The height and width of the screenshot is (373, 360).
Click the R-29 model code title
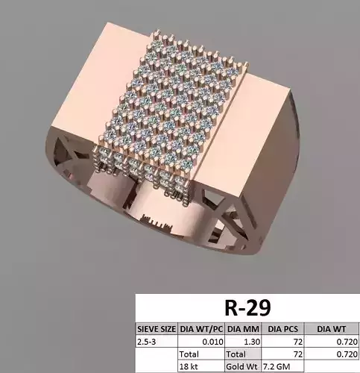(x=247, y=307)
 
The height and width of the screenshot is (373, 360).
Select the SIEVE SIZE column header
(x=156, y=326)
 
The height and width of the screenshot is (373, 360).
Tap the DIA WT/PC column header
(x=200, y=326)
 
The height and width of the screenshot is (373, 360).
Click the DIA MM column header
(x=241, y=326)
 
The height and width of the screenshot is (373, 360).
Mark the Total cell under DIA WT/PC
(x=191, y=354)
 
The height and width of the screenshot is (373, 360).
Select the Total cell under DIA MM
(x=236, y=354)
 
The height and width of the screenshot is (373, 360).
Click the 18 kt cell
(x=189, y=366)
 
